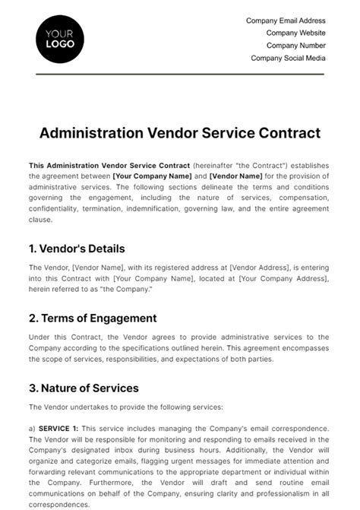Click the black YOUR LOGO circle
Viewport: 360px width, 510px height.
(x=60, y=38)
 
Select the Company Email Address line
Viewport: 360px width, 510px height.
(x=286, y=21)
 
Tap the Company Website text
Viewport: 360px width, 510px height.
(x=295, y=33)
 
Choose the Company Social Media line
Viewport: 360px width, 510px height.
(x=288, y=58)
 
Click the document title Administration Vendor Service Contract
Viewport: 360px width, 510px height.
(x=179, y=133)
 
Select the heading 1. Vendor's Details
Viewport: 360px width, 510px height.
(x=77, y=249)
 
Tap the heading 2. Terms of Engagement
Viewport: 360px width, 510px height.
(x=93, y=318)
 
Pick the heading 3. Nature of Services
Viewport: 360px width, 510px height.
(x=84, y=388)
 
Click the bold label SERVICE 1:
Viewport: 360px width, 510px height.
(x=57, y=429)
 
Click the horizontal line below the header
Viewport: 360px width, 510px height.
(x=179, y=74)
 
